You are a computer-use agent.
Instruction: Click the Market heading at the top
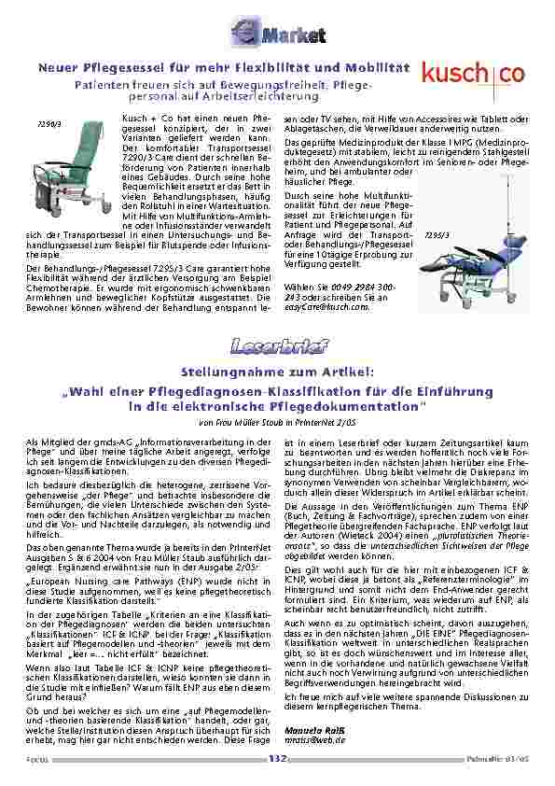277,35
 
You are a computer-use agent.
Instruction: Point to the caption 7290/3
49,122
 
